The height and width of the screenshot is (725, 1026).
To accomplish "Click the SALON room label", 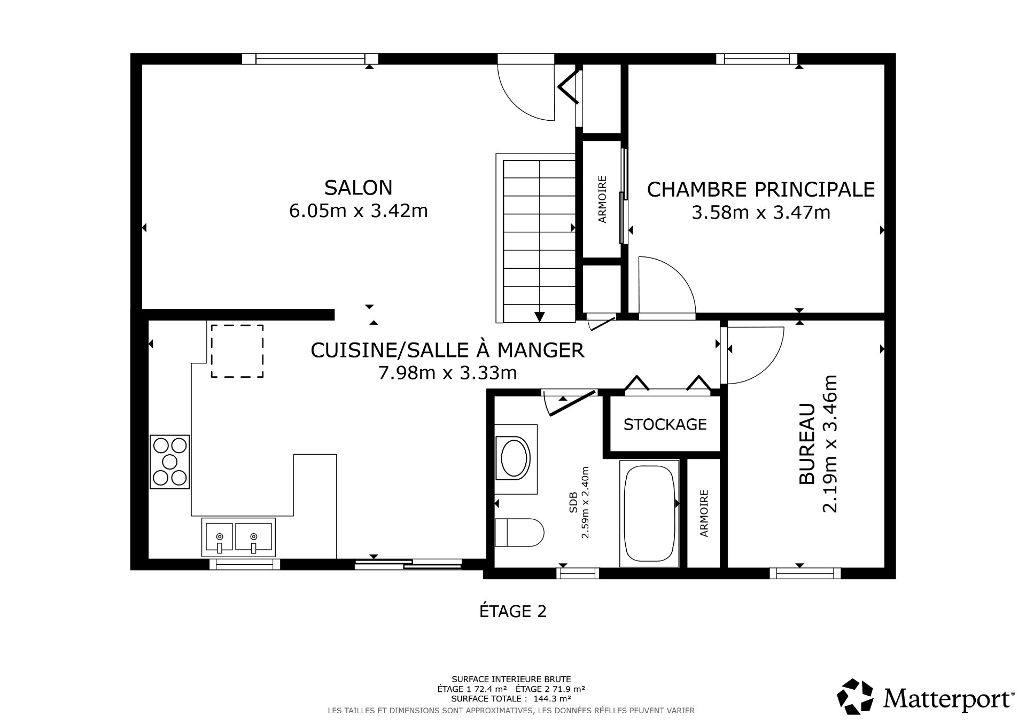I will tap(358, 188).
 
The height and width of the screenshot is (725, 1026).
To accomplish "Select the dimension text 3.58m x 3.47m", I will tap(760, 213).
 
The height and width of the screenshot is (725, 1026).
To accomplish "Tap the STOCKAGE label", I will tap(665, 424).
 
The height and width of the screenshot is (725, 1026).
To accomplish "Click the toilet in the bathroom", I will tap(518, 532).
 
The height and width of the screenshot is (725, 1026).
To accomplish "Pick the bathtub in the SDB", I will tap(649, 512).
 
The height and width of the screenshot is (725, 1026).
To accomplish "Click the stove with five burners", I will tap(170, 462).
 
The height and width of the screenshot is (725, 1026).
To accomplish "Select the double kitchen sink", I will tap(238, 537).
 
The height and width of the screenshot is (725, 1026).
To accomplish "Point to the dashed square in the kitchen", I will tap(237, 351).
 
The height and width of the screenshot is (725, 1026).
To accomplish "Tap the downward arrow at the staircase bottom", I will tap(539, 317).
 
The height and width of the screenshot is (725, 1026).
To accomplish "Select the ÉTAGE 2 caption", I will tap(512, 611).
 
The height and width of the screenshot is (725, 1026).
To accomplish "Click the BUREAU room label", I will tap(807, 444).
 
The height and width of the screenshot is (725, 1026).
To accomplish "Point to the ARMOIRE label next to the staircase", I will tap(602, 199).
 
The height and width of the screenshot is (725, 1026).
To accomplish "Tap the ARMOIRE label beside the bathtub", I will tap(704, 513).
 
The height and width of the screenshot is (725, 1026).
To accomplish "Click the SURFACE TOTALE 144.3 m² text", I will tap(511, 698).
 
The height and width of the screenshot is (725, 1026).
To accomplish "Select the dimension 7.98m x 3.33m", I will tap(447, 372).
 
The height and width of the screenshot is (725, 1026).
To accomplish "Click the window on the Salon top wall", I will tap(310, 59).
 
